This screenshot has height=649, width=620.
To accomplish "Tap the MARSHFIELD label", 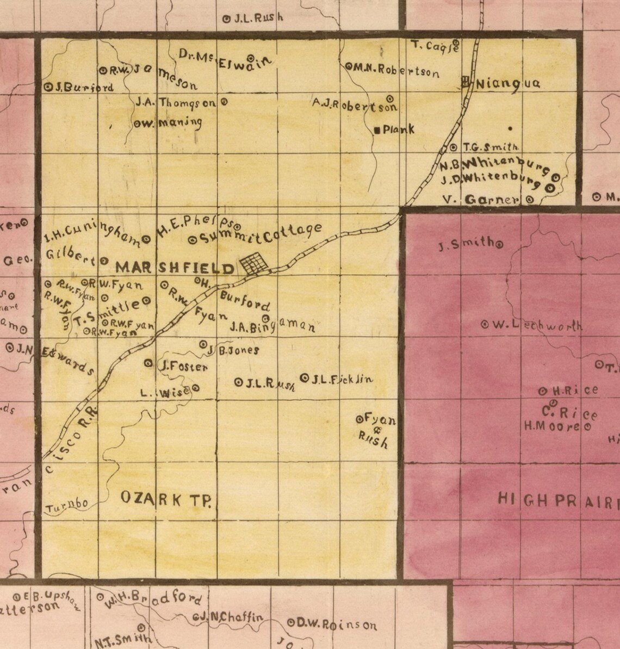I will coord(175,267).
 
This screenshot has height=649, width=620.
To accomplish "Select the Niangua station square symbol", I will coord(466,83).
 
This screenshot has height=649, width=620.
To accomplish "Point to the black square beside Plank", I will coord(378,130).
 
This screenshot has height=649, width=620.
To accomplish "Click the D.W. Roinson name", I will coord(337,624).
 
